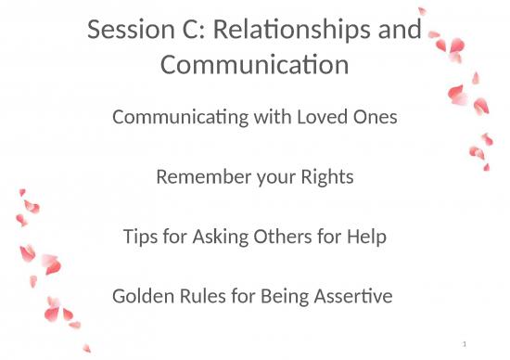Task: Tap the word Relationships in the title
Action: tap(301, 30)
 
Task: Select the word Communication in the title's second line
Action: tap(255, 65)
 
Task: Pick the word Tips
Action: tap(140, 238)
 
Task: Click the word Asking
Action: tap(212, 238)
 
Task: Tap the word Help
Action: tap(364, 238)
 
